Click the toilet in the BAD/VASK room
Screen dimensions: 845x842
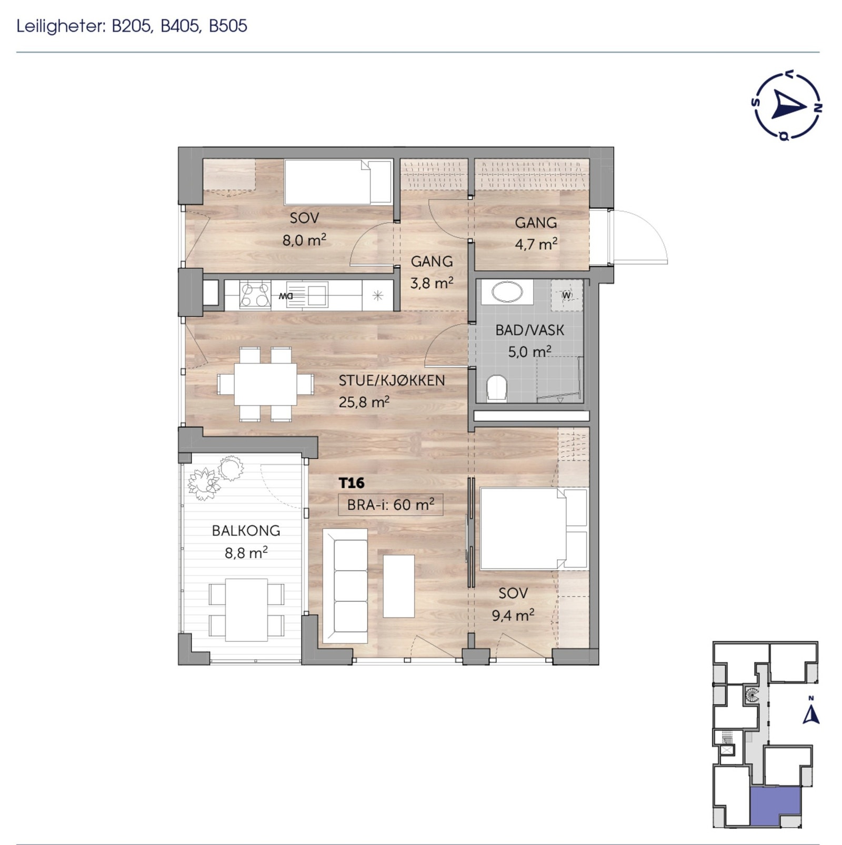tap(496, 388)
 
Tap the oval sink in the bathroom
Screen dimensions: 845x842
tap(506, 291)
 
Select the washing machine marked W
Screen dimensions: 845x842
tap(567, 295)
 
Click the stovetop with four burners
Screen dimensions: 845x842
tap(255, 294)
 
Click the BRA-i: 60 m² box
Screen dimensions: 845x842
tap(390, 505)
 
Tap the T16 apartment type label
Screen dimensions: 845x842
tap(352, 482)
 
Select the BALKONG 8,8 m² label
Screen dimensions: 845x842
tap(246, 541)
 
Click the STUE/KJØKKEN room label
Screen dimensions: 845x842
tap(392, 380)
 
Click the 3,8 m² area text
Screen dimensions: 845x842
tap(432, 283)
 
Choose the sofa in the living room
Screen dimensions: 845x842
tap(346, 586)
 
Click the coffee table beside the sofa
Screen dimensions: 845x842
tap(398, 586)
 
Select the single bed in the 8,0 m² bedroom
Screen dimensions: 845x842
tap(337, 182)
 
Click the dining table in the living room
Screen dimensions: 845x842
tap(265, 384)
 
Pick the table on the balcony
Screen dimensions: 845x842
tap(246, 609)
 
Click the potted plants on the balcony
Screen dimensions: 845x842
tap(216, 476)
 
